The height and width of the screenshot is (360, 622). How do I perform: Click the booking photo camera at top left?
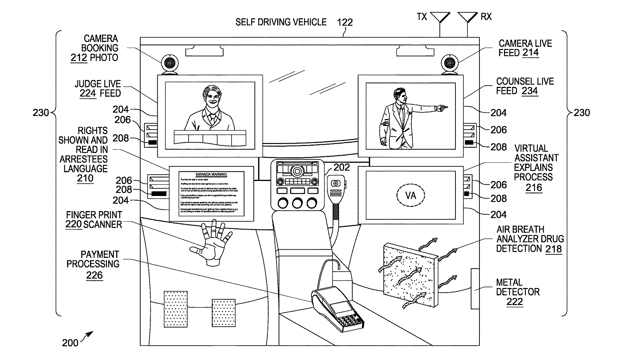[170, 63]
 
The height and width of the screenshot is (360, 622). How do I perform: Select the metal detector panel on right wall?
[475, 289]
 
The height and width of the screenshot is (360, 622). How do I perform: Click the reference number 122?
[345, 22]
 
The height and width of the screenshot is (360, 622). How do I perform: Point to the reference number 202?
[342, 167]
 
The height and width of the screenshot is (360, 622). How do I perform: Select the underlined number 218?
[553, 249]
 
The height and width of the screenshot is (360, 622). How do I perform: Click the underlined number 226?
[94, 275]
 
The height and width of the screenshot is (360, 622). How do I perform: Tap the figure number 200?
[70, 343]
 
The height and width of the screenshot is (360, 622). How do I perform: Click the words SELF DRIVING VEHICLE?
[281, 22]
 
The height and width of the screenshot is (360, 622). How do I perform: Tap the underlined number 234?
[530, 91]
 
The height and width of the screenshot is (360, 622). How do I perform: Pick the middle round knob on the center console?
[297, 203]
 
